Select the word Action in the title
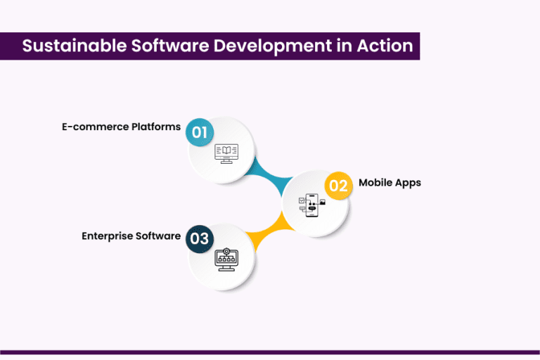click(386, 46)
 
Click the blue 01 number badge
click(200, 131)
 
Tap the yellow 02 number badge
click(338, 186)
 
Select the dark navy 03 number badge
click(200, 239)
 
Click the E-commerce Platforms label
click(120, 127)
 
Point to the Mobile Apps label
click(390, 183)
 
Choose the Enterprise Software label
click(131, 236)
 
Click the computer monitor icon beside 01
click(226, 153)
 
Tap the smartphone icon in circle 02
click(311, 205)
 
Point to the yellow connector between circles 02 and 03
click(269, 232)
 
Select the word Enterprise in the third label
click(108, 236)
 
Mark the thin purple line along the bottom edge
click(270, 352)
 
